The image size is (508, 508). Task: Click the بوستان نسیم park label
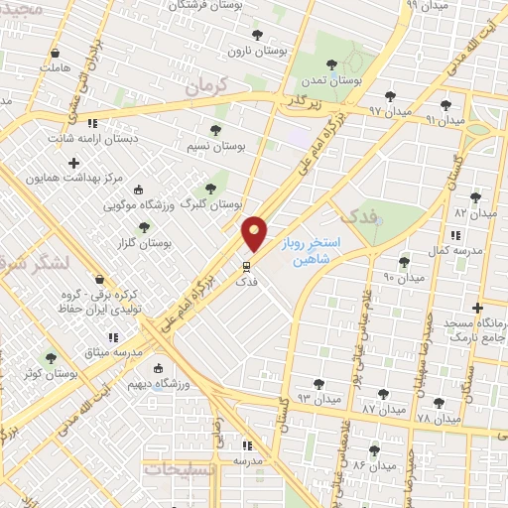[x=216, y=145]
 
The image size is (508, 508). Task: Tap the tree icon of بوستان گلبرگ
[x=210, y=188]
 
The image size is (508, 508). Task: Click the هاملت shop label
[x=56, y=67]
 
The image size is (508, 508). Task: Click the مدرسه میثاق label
[x=112, y=353]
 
